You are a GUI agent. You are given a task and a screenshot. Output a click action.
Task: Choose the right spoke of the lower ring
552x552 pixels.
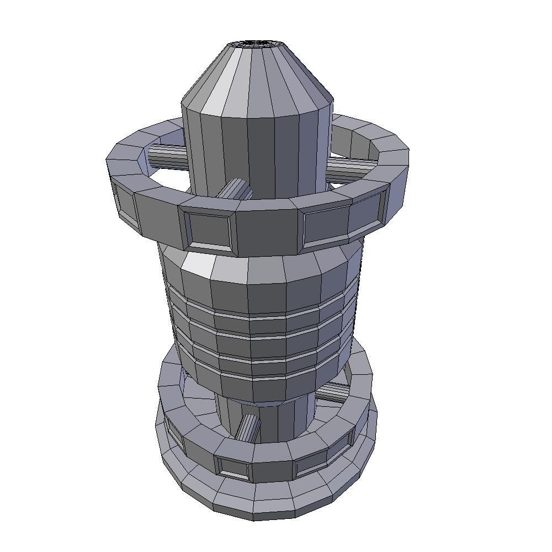[x=333, y=392]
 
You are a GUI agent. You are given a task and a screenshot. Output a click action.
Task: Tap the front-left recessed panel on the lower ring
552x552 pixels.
[x=233, y=467]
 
